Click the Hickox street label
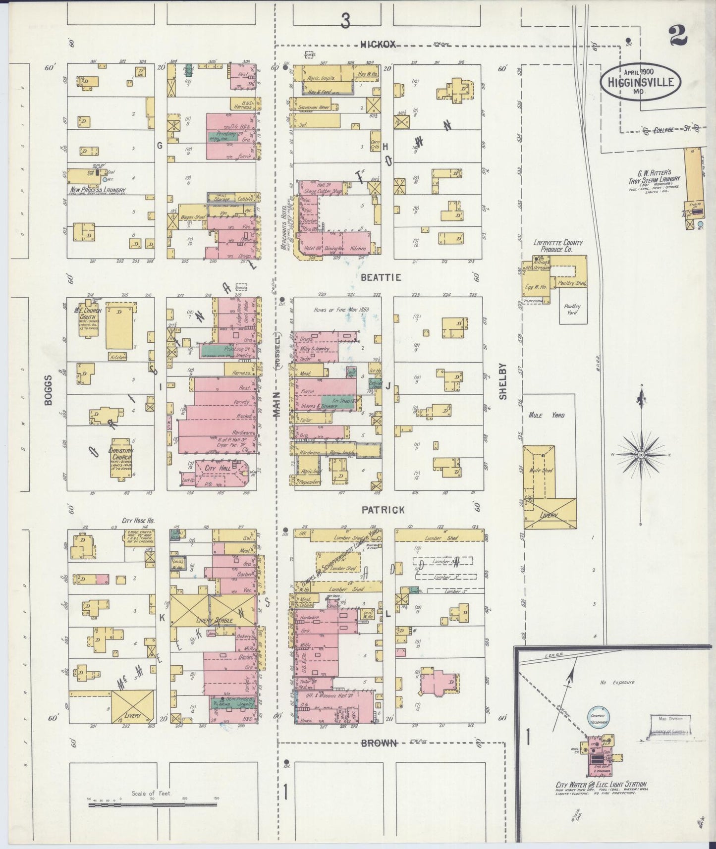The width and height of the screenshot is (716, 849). [x=378, y=45]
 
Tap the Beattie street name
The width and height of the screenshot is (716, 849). [x=381, y=277]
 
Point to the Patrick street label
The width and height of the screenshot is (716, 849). [x=383, y=510]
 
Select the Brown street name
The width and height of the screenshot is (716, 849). [x=379, y=743]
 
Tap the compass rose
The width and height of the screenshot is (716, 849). [x=641, y=454]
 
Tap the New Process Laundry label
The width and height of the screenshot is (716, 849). [x=98, y=190]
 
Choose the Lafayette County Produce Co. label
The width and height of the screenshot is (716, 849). [x=557, y=246]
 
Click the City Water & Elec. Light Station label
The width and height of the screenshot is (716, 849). [x=601, y=785]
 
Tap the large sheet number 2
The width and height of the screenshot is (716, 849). [x=677, y=36]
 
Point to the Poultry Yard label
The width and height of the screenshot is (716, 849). [x=572, y=310]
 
